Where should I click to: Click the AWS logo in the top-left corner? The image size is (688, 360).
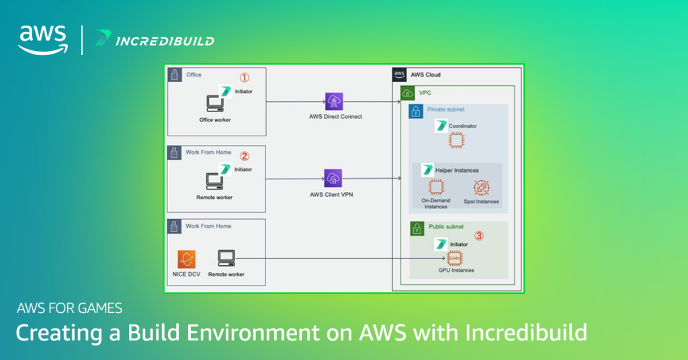tap(42, 40)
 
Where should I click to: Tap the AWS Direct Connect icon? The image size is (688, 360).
tap(334, 101)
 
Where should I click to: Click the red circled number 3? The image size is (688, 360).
tap(479, 236)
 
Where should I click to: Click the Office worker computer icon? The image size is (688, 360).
tap(215, 104)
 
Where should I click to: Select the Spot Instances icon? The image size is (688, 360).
tap(482, 187)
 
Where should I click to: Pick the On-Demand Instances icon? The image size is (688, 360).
tap(436, 187)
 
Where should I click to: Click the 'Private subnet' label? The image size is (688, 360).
tap(445, 109)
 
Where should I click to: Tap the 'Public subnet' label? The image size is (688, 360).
tap(445, 227)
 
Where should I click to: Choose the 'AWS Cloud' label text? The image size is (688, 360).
tap(425, 75)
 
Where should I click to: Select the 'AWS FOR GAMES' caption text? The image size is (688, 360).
tap(69, 308)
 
